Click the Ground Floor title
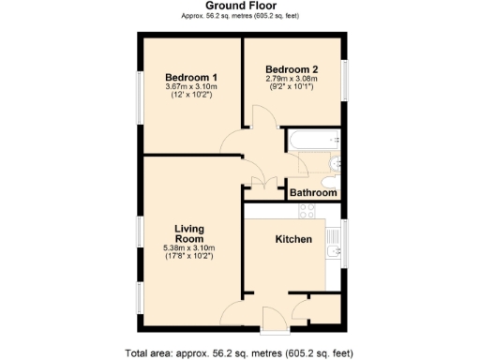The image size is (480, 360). (240, 6)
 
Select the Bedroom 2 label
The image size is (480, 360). (292, 68)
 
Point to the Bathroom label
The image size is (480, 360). (312, 192)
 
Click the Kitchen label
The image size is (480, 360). (292, 239)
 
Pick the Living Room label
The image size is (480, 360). (190, 233)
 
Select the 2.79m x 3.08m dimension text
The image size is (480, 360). (292, 79)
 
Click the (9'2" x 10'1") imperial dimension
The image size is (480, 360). (292, 88)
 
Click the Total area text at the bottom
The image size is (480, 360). (239, 352)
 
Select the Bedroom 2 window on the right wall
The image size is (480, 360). (344, 80)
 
